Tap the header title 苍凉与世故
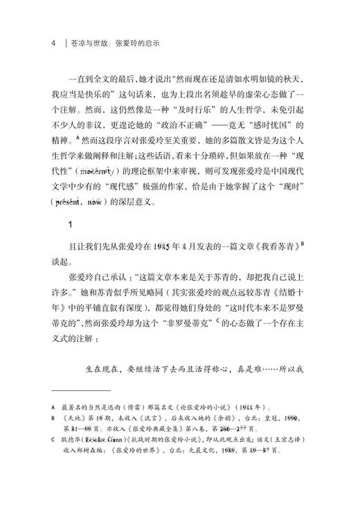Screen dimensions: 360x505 pyautogui.click(x=90, y=42)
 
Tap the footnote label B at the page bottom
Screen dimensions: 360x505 pyautogui.click(x=53, y=419)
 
